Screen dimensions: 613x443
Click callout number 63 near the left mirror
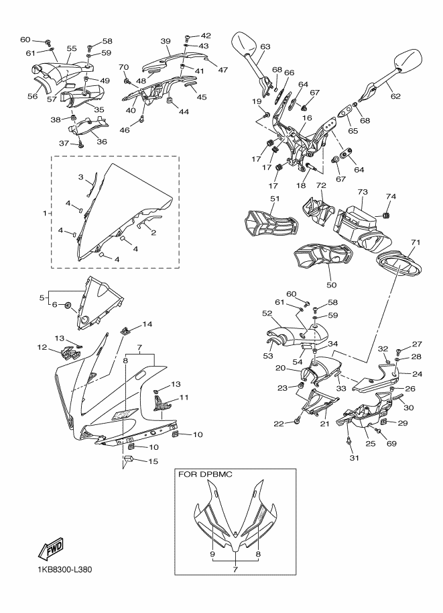(x=265, y=46)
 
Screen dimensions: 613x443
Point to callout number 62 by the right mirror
(x=395, y=96)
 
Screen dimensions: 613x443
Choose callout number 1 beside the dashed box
(x=45, y=214)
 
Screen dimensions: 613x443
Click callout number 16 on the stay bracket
(x=307, y=118)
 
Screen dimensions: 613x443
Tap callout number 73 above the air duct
(x=363, y=192)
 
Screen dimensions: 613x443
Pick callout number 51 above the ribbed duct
(x=274, y=199)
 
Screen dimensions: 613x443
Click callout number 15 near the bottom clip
(x=153, y=461)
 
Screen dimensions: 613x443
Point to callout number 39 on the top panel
(x=166, y=41)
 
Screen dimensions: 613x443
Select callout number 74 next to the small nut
(x=390, y=196)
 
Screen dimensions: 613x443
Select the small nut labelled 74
(x=387, y=215)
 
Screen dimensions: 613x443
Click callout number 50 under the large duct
(x=330, y=285)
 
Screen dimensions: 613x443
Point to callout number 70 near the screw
(x=123, y=67)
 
